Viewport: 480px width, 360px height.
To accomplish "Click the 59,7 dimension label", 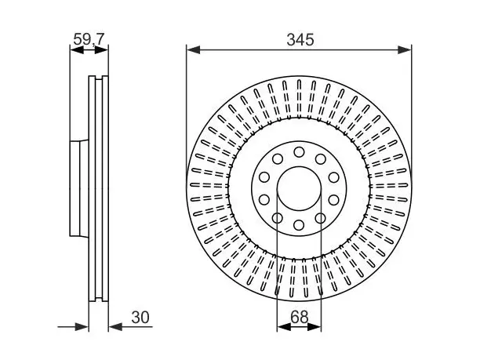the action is click(89, 39).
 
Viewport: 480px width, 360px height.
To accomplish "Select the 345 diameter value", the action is click(300, 40).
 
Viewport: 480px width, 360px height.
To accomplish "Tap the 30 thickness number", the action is click(140, 318).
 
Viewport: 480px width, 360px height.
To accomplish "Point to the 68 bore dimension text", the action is click(299, 317).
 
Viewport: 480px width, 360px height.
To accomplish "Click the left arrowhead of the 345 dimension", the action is click(193, 50).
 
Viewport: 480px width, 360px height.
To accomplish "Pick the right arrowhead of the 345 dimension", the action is click(405, 50).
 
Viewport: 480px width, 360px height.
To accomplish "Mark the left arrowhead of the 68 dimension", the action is click(284, 327).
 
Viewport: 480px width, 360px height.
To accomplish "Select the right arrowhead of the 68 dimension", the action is click(314, 327).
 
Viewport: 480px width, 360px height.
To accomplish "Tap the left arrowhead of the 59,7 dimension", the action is click(77, 50).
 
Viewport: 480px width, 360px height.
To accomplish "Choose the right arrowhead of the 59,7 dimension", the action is click(101, 50).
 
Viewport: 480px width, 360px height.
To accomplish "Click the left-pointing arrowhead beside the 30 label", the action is click(115, 327).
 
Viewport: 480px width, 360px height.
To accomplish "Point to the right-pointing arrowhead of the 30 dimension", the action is click(82, 327).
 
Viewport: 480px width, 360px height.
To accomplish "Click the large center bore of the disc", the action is click(299, 188).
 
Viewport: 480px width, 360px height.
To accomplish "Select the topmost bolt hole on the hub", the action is click(299, 152).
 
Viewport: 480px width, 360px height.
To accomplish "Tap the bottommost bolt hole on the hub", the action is click(299, 225).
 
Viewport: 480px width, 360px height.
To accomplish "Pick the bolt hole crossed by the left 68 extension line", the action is click(278, 218).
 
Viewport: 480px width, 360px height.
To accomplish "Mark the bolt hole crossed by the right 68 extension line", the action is click(321, 218).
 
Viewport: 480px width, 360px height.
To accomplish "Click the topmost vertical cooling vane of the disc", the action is click(299, 99).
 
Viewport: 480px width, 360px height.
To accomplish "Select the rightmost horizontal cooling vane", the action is click(389, 185).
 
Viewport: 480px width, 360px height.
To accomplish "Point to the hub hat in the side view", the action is click(79, 188).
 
